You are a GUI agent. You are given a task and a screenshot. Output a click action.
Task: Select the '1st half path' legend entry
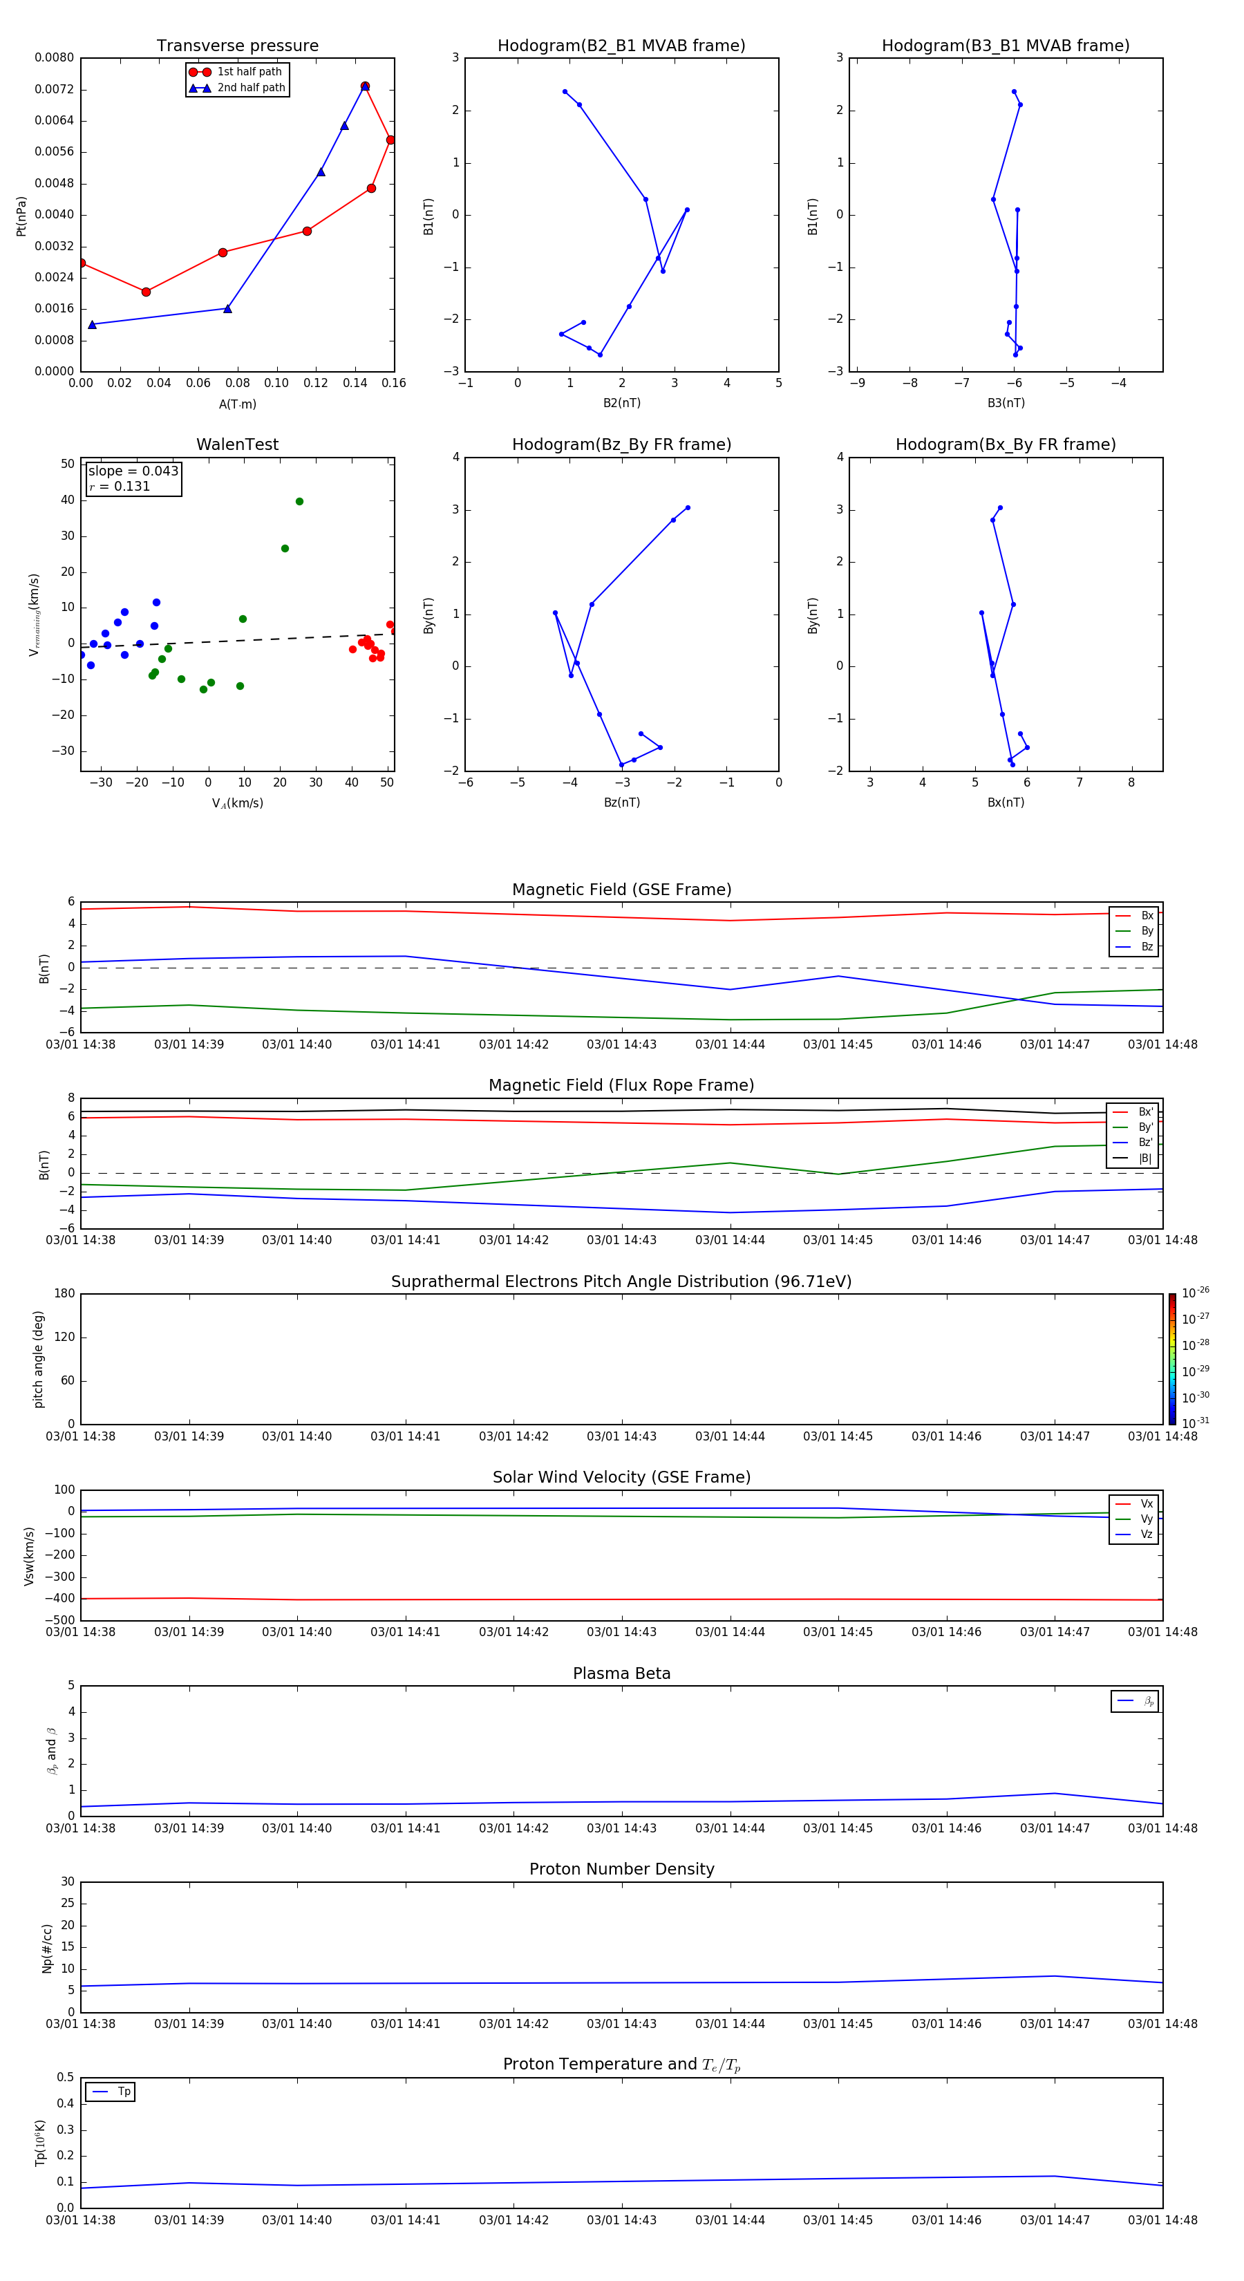click(x=249, y=72)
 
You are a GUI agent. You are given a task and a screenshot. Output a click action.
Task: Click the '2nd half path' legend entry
click(x=251, y=88)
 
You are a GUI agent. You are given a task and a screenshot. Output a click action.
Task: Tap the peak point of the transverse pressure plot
click(x=365, y=86)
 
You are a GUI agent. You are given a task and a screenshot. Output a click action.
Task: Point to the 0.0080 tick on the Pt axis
click(x=55, y=57)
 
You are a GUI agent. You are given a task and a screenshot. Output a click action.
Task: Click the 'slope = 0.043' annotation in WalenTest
click(x=133, y=471)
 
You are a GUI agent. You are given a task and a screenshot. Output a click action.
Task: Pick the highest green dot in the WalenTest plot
click(x=299, y=501)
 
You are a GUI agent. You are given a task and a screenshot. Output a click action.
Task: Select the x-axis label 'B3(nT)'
click(x=1006, y=403)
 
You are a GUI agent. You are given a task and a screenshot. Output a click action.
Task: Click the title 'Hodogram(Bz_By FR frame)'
click(x=621, y=444)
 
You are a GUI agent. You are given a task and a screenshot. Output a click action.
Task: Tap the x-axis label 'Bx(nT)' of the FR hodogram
click(x=1006, y=802)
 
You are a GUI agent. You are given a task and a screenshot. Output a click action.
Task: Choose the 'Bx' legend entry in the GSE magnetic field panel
click(x=1146, y=916)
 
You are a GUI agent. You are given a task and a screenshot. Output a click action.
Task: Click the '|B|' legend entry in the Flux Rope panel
click(x=1144, y=1158)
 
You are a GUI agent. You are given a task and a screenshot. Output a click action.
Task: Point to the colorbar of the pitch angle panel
click(x=1172, y=1358)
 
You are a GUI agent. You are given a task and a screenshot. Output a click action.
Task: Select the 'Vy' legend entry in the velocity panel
click(x=1146, y=1519)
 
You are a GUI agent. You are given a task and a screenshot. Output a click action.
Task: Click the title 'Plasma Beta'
click(x=621, y=1673)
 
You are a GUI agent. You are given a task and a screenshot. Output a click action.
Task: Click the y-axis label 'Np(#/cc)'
click(x=48, y=1948)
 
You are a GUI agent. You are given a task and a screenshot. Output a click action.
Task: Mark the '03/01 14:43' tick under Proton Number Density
click(x=621, y=2023)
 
